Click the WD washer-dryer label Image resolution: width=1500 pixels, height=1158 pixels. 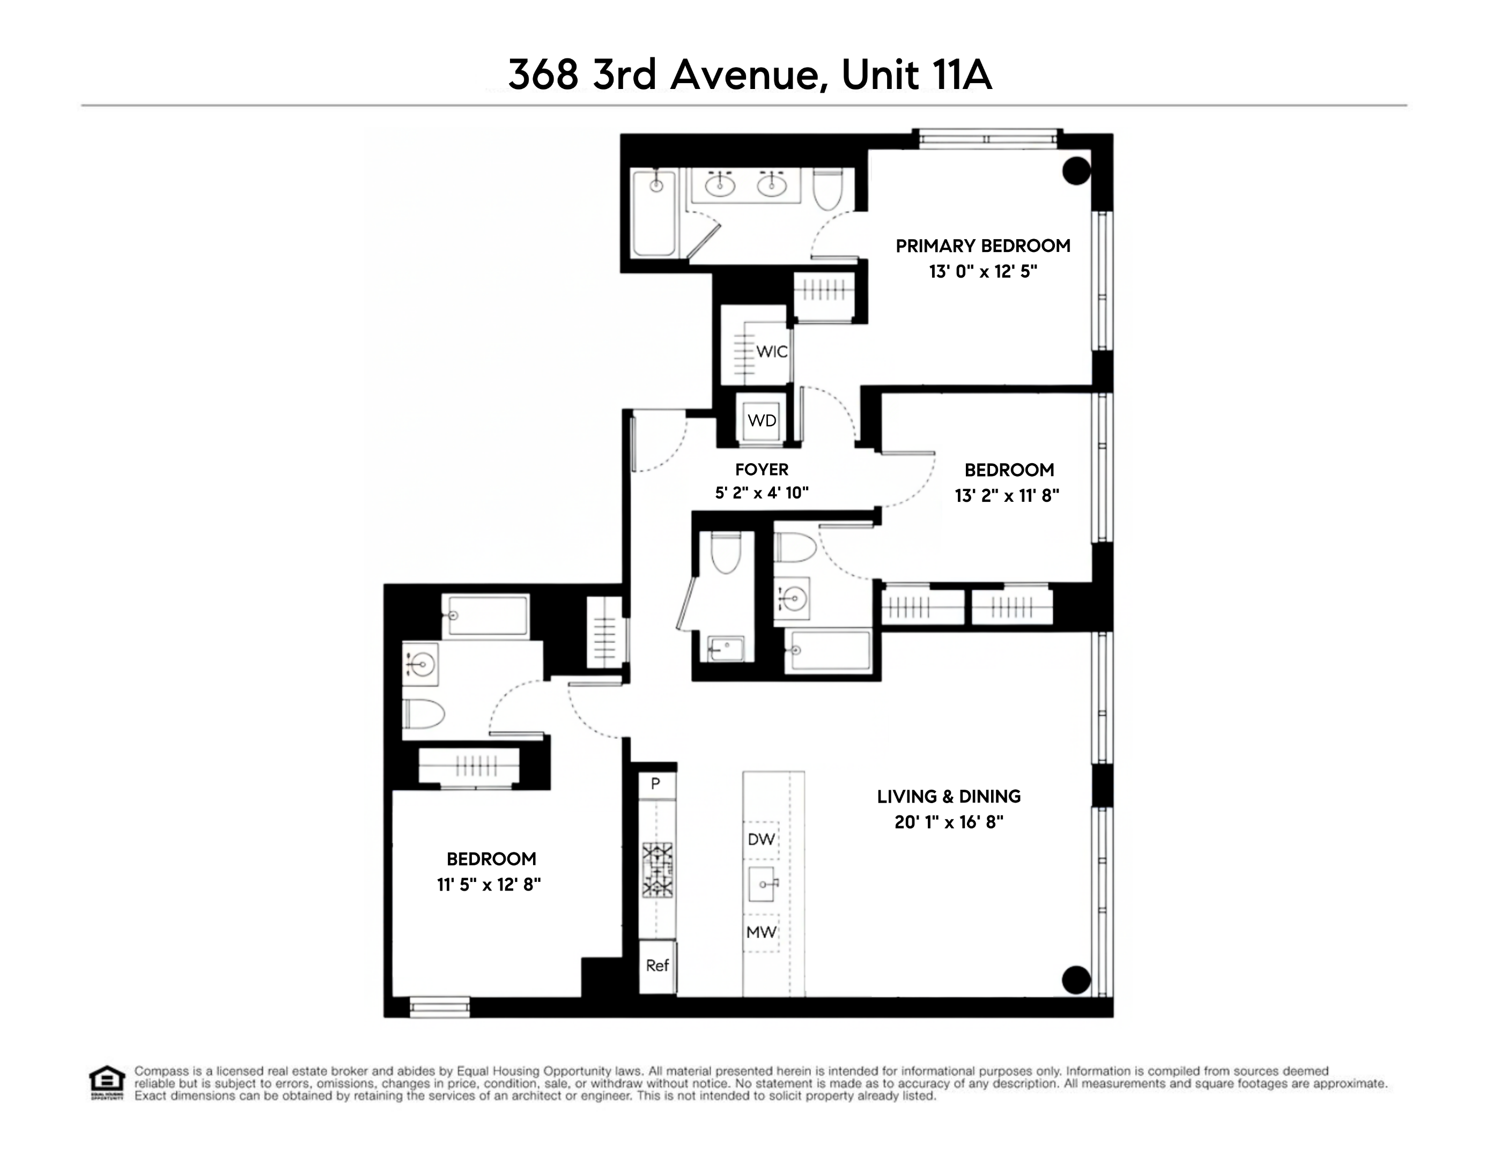[762, 421]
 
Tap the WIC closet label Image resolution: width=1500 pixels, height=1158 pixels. [771, 352]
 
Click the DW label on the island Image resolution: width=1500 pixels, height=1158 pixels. [761, 839]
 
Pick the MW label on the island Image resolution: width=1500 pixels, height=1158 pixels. [761, 932]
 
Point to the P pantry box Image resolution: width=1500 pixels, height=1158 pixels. [656, 784]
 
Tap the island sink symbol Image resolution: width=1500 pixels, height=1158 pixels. [763, 885]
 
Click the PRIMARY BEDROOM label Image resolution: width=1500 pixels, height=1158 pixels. [982, 246]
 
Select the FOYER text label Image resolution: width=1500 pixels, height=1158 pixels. [761, 470]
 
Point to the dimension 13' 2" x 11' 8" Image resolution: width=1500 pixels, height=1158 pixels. [1007, 495]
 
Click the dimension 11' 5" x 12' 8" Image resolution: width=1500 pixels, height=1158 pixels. [489, 885]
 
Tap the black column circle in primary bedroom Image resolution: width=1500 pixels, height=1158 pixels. [1076, 171]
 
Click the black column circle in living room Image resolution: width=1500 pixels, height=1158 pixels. [1076, 979]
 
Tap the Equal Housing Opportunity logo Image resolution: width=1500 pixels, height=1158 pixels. [107, 1082]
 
